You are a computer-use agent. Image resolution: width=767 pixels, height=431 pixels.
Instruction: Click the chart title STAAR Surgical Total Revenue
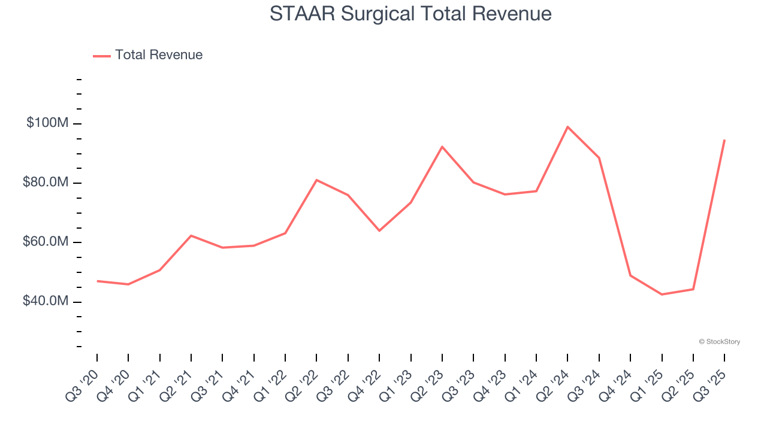point(410,14)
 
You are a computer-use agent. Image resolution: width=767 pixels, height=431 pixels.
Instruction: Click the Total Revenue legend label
point(159,55)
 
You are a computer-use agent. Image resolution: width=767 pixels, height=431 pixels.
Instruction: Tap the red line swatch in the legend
point(102,56)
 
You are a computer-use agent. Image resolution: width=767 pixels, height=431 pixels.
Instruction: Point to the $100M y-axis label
point(47,123)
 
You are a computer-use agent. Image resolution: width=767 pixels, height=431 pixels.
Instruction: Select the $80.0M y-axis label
point(46,183)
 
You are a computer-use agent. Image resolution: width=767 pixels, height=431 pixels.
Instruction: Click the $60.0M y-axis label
point(46,242)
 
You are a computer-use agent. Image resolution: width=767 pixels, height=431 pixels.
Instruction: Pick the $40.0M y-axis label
point(46,301)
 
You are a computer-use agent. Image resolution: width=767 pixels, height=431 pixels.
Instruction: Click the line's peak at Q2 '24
point(567,127)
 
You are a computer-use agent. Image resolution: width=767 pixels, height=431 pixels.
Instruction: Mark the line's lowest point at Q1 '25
point(662,295)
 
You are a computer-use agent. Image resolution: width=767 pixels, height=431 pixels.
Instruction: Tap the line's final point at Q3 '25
point(724,140)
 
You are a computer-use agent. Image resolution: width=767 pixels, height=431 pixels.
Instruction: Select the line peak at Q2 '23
point(442,147)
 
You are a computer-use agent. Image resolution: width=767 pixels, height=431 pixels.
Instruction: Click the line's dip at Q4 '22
point(379,230)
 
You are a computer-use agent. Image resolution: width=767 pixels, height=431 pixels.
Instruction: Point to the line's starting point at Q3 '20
point(97,281)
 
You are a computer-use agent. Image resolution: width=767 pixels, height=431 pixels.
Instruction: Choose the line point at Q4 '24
point(630,275)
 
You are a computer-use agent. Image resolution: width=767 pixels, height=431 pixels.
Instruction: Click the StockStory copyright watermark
point(720,342)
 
